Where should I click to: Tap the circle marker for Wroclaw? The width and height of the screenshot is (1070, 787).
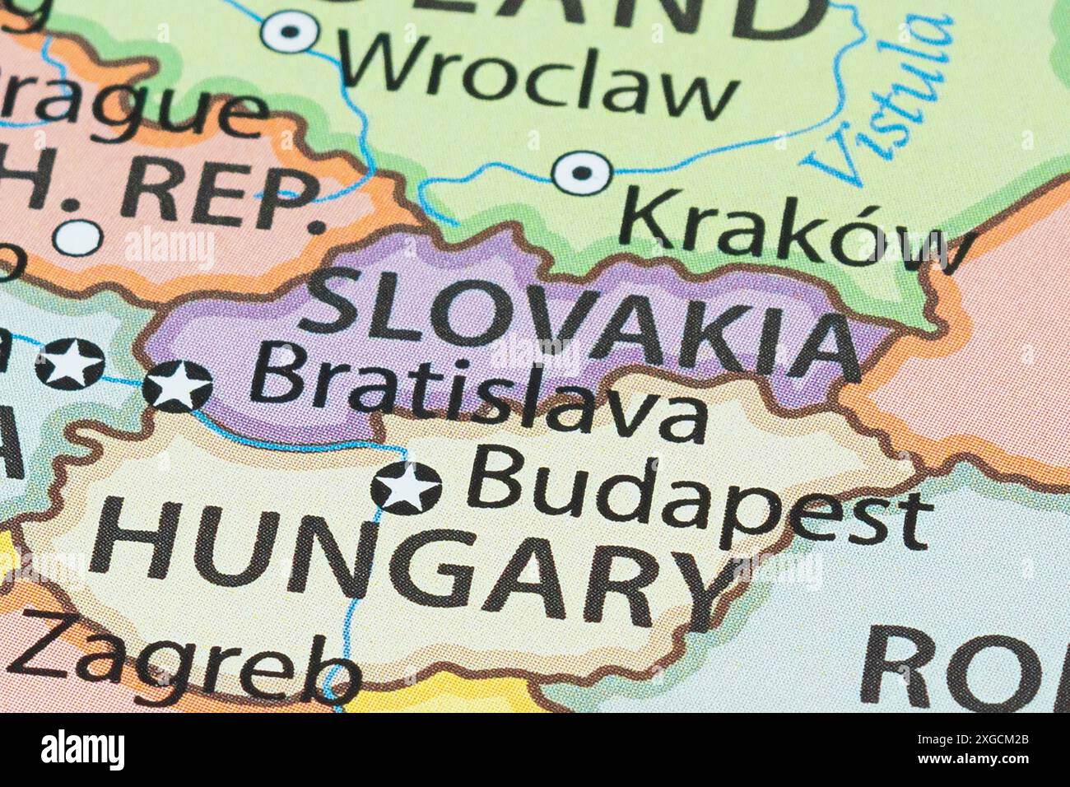290,32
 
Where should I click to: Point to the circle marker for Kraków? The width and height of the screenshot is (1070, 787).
582,173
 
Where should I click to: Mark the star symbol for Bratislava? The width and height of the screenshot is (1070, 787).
178,385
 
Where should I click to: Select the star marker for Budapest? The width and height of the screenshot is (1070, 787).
406,487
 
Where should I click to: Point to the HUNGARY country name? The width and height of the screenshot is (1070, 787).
403,560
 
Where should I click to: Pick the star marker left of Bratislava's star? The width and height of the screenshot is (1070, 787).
70,363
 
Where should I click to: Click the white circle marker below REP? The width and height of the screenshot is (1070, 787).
78,238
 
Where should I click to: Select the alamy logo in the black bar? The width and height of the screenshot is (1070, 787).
82,750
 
